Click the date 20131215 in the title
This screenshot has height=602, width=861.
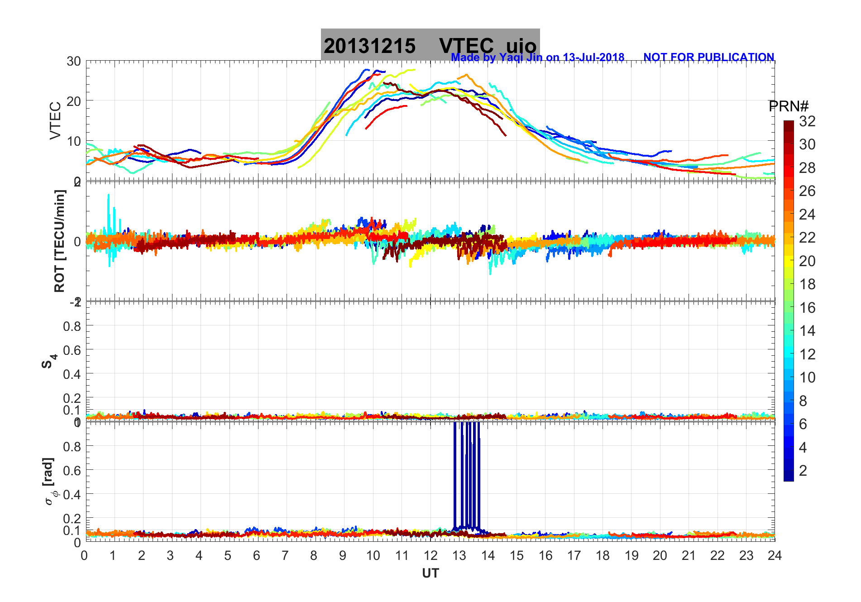[x=369, y=46]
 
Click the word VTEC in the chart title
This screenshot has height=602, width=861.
[x=466, y=46]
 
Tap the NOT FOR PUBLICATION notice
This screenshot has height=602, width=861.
[x=708, y=57]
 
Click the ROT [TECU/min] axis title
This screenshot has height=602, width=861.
[x=59, y=241]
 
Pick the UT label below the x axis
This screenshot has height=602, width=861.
[x=430, y=573]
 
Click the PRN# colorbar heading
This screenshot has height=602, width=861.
[x=788, y=106]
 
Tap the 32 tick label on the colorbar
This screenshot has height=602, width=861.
[x=807, y=121]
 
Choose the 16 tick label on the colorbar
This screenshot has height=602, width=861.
[x=807, y=308]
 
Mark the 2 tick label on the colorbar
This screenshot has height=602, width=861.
[x=803, y=471]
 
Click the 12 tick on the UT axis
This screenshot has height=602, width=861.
[x=430, y=555]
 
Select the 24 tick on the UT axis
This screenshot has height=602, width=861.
[x=774, y=555]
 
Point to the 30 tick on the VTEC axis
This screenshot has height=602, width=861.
[x=74, y=62]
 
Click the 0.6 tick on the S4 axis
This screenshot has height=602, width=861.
[x=72, y=350]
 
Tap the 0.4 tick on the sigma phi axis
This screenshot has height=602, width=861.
[x=72, y=494]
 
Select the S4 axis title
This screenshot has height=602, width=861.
[x=49, y=361]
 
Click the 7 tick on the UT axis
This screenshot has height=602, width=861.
[x=285, y=555]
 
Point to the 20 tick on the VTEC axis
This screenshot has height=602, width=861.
[x=74, y=101]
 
